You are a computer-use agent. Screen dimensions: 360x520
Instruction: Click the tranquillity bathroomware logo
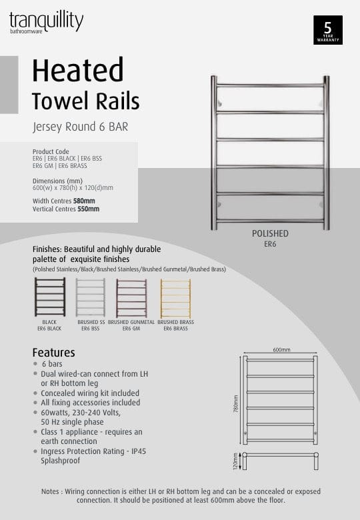pyautogui.click(x=46, y=21)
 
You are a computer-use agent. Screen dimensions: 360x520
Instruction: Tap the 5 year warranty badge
pyautogui.click(x=327, y=30)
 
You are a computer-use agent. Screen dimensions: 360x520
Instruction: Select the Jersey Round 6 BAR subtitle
pyautogui.click(x=80, y=125)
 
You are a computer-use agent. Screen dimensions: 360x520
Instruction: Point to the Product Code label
pyautogui.click(x=55, y=151)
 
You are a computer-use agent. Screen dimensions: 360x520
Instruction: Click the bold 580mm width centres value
pyautogui.click(x=84, y=201)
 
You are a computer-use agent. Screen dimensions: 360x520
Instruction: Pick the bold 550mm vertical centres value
pyautogui.click(x=88, y=209)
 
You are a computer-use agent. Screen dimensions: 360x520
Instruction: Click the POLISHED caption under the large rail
pyautogui.click(x=270, y=234)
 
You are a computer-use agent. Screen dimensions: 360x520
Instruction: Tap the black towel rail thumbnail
pyautogui.click(x=50, y=297)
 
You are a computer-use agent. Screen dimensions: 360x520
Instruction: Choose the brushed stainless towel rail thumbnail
pyautogui.click(x=90, y=297)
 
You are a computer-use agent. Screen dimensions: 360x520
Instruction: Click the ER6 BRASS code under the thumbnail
pyautogui.click(x=175, y=329)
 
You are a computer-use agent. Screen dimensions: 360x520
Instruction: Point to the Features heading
pyautogui.click(x=53, y=353)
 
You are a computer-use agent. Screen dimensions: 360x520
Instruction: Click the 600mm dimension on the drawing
pyautogui.click(x=281, y=350)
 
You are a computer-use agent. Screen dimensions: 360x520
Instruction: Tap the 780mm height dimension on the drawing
pyautogui.click(x=235, y=402)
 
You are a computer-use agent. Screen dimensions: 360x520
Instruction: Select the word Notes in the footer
pyautogui.click(x=52, y=491)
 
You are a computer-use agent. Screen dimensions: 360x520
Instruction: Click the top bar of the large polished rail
pyautogui.click(x=270, y=85)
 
